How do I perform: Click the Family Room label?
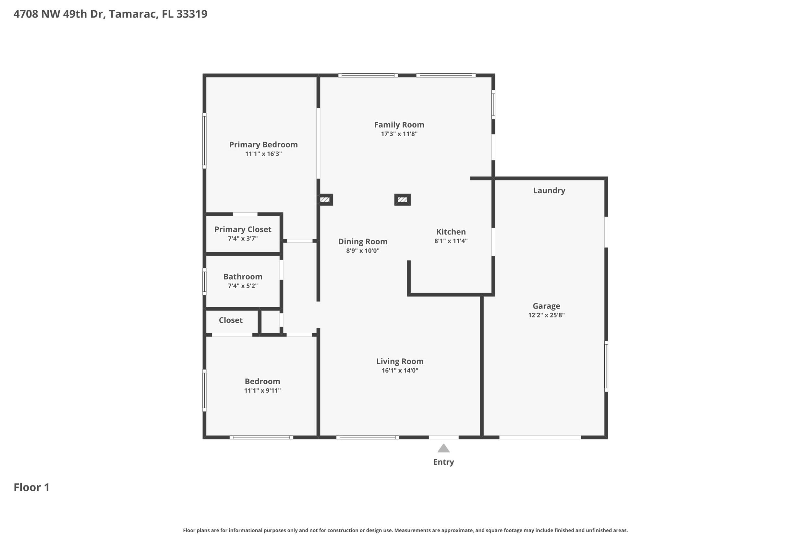pyautogui.click(x=399, y=125)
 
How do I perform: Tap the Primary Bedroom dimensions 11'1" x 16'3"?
pyautogui.click(x=263, y=154)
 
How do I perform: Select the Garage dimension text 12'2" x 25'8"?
pyautogui.click(x=546, y=315)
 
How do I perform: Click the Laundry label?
pyautogui.click(x=549, y=191)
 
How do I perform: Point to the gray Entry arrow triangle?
pyautogui.click(x=443, y=449)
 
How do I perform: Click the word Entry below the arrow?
pyautogui.click(x=443, y=462)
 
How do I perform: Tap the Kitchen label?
pyautogui.click(x=451, y=232)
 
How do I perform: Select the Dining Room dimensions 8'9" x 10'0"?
pyautogui.click(x=363, y=251)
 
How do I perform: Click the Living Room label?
pyautogui.click(x=400, y=361)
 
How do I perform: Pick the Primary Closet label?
pyautogui.click(x=243, y=229)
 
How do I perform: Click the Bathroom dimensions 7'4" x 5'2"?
pyautogui.click(x=242, y=286)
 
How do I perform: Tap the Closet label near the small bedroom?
pyautogui.click(x=231, y=320)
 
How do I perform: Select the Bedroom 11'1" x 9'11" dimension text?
pyautogui.click(x=262, y=390)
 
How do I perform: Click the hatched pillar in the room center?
pyautogui.click(x=402, y=200)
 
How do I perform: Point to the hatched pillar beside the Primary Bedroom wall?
pyautogui.click(x=325, y=200)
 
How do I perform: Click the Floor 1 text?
pyautogui.click(x=31, y=487)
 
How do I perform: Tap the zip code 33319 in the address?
pyautogui.click(x=192, y=14)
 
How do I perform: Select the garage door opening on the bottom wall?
pyautogui.click(x=540, y=437)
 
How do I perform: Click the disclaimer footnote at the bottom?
pyautogui.click(x=405, y=530)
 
